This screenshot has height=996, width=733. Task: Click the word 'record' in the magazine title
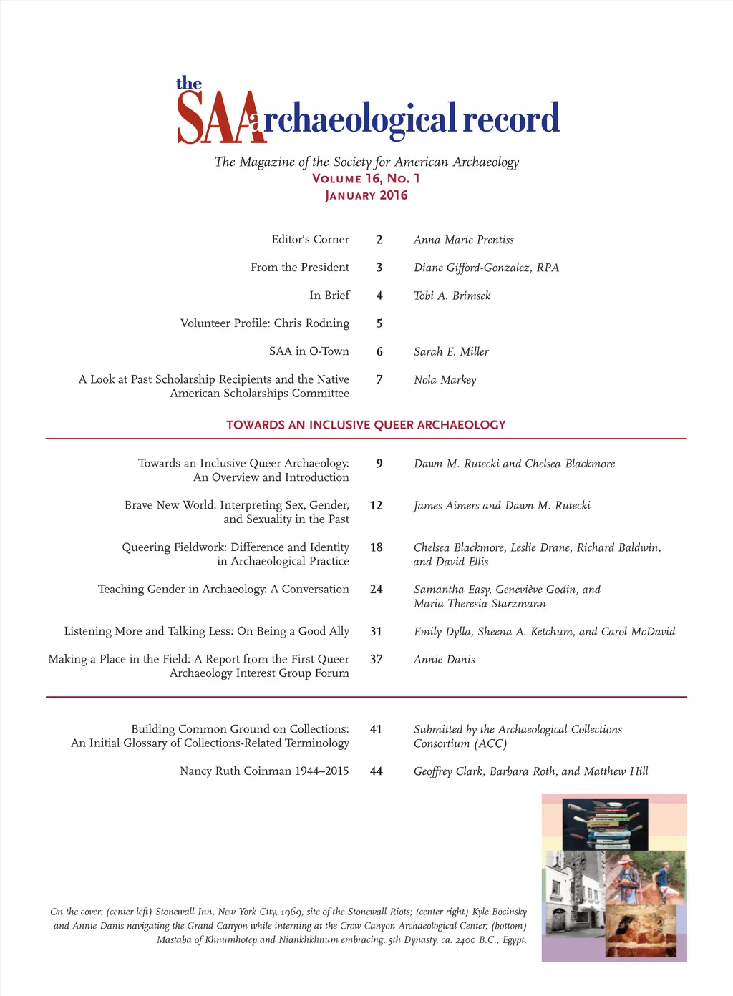pyautogui.click(x=510, y=119)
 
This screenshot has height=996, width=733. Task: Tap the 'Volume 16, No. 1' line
pyautogui.click(x=366, y=178)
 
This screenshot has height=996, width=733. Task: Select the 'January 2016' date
pyautogui.click(x=366, y=195)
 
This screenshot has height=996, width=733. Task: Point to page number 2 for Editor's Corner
pyautogui.click(x=379, y=240)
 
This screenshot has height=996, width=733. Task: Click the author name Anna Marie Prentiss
pyautogui.click(x=463, y=240)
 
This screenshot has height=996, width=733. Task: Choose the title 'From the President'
pyautogui.click(x=300, y=267)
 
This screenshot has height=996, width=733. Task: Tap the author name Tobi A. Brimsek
pyautogui.click(x=452, y=296)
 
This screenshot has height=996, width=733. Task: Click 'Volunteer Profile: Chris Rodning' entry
pyautogui.click(x=265, y=323)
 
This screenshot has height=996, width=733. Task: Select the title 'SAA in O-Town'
pyautogui.click(x=309, y=351)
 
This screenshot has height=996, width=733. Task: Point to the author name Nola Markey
pyautogui.click(x=445, y=379)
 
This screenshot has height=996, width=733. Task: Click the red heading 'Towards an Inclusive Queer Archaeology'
pyautogui.click(x=366, y=425)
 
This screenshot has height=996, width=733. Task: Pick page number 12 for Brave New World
pyautogui.click(x=377, y=505)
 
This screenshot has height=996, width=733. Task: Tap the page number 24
pyautogui.click(x=377, y=589)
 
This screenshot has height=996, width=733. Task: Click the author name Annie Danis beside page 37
pyautogui.click(x=444, y=659)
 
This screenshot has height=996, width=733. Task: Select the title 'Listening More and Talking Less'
pyautogui.click(x=206, y=631)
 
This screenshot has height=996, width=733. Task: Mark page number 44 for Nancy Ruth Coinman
pyautogui.click(x=377, y=771)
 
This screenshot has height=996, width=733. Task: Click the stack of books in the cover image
pyautogui.click(x=605, y=823)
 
